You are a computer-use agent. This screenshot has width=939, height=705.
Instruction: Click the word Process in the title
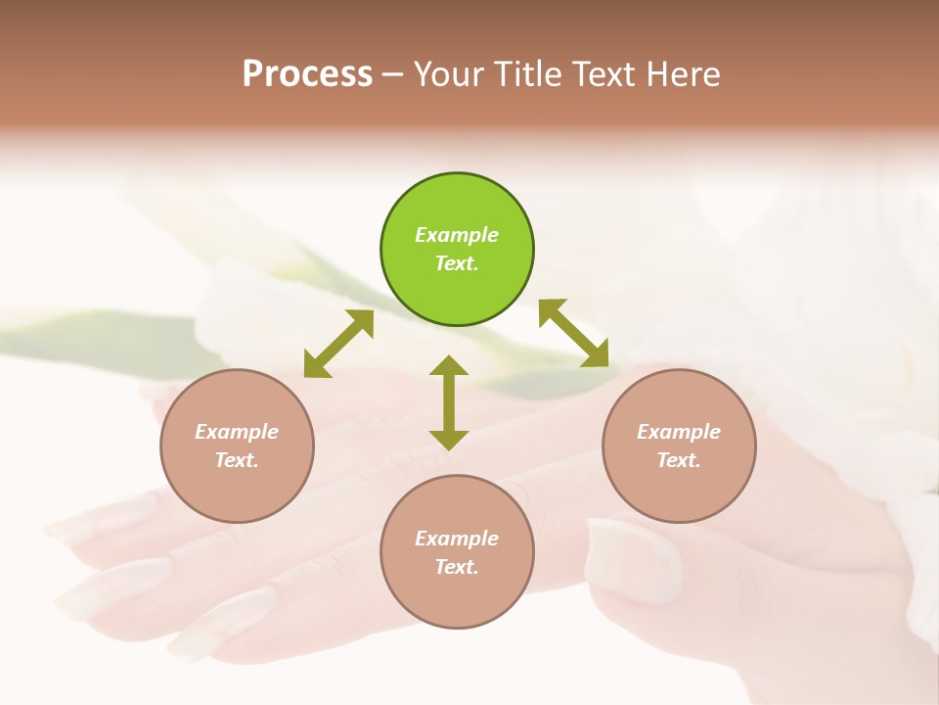pos(307,74)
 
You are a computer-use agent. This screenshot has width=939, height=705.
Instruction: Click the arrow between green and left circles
pos(338,344)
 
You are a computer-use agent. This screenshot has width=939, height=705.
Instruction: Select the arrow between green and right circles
pos(573,333)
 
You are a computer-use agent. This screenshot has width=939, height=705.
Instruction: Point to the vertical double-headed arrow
pos(449,403)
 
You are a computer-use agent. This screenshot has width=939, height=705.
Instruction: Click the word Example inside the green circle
pos(457,235)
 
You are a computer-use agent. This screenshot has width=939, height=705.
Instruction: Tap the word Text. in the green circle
pos(457,263)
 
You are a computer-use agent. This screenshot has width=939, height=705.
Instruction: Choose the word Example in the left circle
pos(237,432)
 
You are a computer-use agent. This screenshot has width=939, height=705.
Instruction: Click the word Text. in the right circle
pos(679,460)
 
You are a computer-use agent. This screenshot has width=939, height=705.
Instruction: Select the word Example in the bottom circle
pos(457,539)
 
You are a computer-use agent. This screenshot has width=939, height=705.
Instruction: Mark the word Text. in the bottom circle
pos(457,567)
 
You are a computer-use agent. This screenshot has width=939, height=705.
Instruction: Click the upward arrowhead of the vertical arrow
pos(449,366)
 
